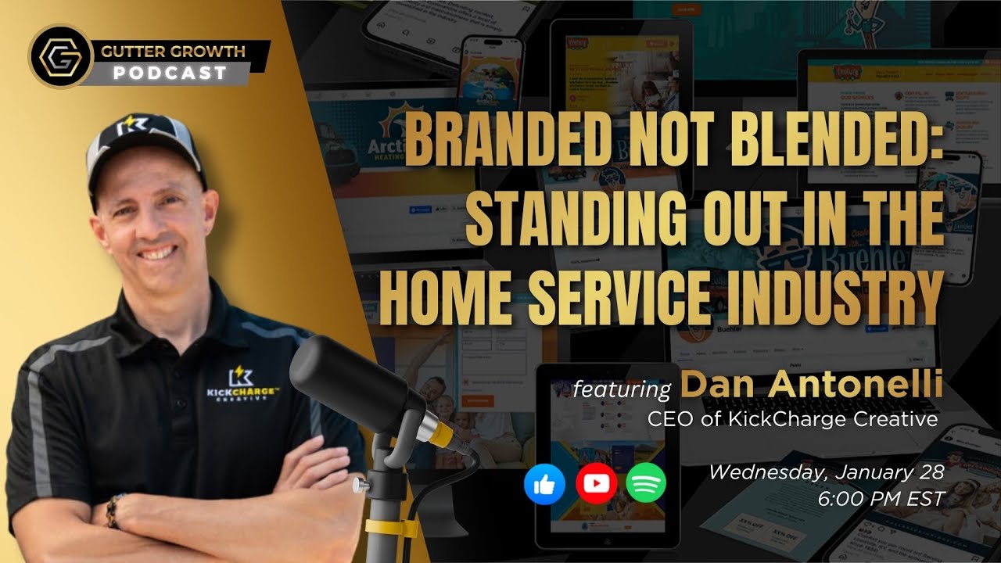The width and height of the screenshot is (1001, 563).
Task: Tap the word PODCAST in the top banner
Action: click(170, 73)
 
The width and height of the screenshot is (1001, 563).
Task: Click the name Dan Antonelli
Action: click(809, 386)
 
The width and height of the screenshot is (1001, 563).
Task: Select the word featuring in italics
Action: click(622, 389)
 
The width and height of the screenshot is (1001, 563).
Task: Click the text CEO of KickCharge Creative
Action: click(792, 420)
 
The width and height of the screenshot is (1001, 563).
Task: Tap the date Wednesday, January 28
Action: click(827, 472)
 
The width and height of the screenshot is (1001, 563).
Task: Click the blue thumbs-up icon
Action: click(544, 484)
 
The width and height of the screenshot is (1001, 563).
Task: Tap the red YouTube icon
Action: click(596, 484)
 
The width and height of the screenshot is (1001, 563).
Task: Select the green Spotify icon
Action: click(647, 484)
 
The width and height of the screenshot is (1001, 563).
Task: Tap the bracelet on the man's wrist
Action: click(114, 511)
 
